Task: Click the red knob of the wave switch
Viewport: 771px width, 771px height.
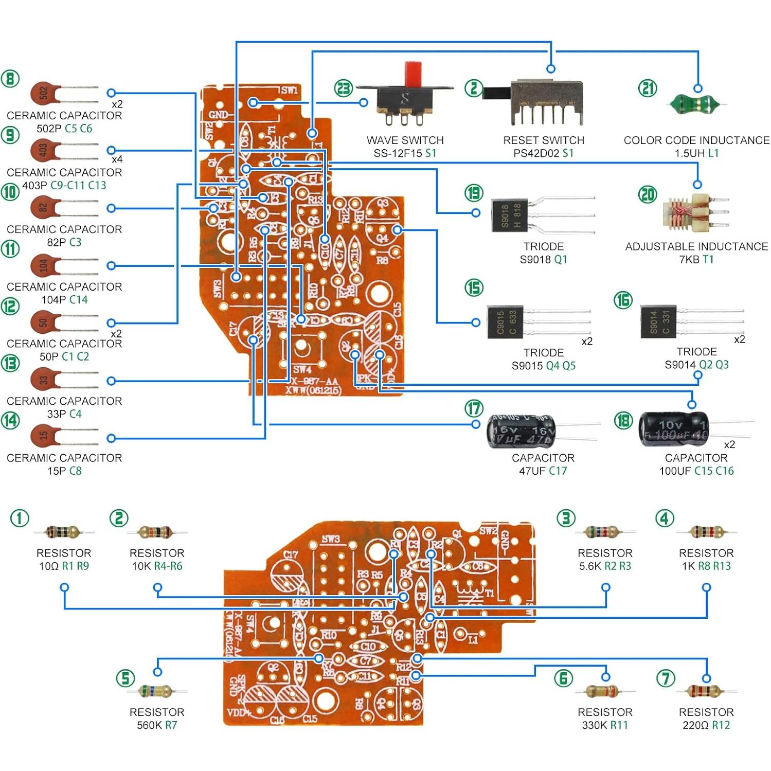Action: pyautogui.click(x=413, y=75)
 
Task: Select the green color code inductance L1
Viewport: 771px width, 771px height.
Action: pyautogui.click(x=696, y=104)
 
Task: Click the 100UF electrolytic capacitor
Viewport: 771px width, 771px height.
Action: pyautogui.click(x=673, y=429)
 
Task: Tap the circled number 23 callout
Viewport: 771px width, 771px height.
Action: pyautogui.click(x=344, y=88)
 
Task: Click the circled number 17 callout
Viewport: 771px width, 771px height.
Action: pyautogui.click(x=474, y=409)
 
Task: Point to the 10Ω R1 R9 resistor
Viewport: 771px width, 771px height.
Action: pyautogui.click(x=63, y=532)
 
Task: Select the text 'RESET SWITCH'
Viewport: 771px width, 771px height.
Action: pyautogui.click(x=543, y=140)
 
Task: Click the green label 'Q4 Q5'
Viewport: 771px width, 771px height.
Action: pyautogui.click(x=561, y=366)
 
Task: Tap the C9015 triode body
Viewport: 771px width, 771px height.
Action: pyautogui.click(x=505, y=322)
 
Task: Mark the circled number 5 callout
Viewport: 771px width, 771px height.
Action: pyautogui.click(x=125, y=678)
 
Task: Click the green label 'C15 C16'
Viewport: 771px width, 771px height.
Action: pyautogui.click(x=714, y=471)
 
